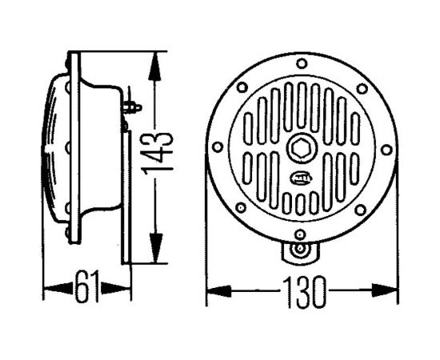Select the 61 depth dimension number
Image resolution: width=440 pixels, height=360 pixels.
pos(87,286)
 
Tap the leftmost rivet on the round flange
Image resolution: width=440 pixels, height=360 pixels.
pos(216,150)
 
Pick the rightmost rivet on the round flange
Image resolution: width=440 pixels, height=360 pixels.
pos(387,150)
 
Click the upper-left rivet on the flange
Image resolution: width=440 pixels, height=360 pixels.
pos(241,88)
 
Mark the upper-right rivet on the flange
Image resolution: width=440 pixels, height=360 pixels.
pos(362,88)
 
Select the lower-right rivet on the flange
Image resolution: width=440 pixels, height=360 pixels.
pos(362,210)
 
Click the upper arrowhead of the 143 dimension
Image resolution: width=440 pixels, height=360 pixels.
pos(153,58)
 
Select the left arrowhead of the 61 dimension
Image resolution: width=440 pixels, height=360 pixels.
pos(49,286)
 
